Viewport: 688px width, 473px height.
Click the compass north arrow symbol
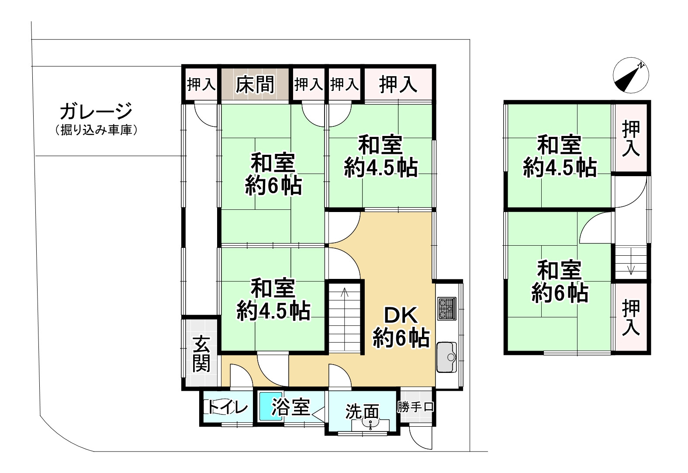coord(630,75)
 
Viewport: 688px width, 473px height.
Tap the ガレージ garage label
coord(96,111)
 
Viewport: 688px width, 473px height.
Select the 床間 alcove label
coord(255,84)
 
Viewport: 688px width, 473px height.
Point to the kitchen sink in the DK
coord(446,356)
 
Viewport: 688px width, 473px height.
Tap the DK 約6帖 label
coord(401,327)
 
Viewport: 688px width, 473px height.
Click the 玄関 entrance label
coord(201,353)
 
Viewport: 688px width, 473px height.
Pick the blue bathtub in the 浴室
coord(271,407)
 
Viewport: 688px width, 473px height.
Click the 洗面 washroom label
coord(362,411)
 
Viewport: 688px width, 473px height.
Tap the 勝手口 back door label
coord(415,407)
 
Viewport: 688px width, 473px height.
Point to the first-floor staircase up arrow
coord(345,293)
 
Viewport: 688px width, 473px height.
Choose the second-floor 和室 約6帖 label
coord(559,282)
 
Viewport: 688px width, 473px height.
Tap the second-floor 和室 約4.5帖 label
coord(560,156)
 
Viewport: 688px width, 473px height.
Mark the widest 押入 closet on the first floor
coord(398,84)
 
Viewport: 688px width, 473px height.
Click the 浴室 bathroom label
coord(290,407)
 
